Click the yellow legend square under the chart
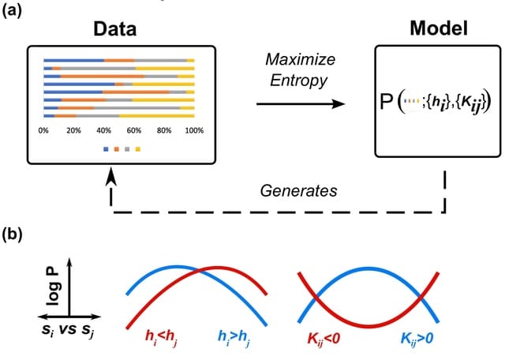point(137,148)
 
